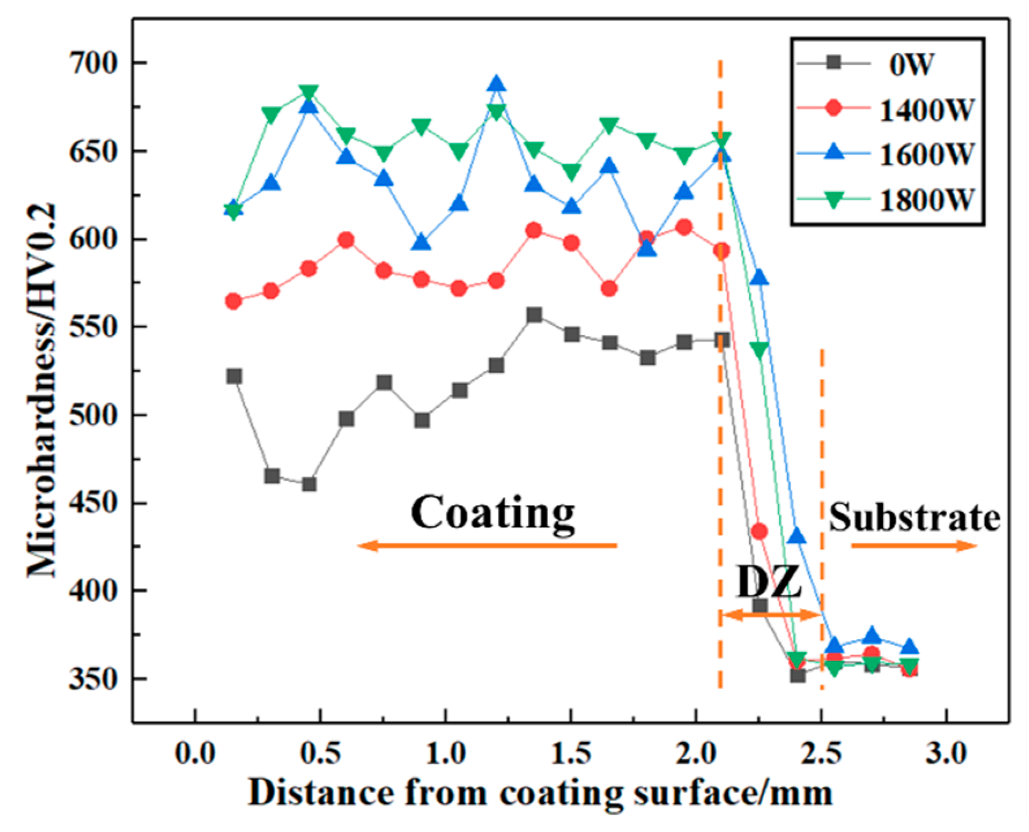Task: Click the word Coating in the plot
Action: (493, 513)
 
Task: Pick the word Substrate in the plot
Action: (914, 518)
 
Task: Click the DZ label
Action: (769, 584)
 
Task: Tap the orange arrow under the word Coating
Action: (487, 545)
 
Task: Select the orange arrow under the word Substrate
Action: (913, 545)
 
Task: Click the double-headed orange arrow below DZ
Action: (771, 616)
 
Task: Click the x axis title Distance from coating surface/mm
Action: (540, 794)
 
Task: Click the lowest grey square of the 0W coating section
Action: (309, 484)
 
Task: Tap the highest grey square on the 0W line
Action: (534, 315)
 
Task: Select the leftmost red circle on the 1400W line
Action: (234, 301)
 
